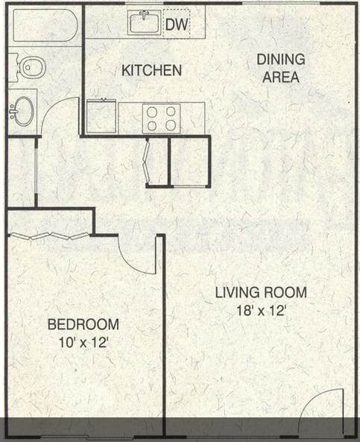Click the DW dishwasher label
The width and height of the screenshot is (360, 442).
point(176,25)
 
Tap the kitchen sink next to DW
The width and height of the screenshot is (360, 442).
point(145,23)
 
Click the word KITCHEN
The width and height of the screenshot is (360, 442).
point(151,71)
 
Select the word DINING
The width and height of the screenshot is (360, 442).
point(281,59)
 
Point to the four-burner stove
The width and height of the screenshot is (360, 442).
point(161,118)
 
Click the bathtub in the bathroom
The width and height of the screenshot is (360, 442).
point(45,25)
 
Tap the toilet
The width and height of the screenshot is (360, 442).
point(30,68)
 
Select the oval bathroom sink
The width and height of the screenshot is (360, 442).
point(24,111)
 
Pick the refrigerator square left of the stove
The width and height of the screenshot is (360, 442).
point(101,117)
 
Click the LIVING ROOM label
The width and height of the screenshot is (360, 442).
point(261,292)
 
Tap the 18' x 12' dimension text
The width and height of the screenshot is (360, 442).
point(261,311)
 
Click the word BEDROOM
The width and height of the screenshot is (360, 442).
point(83,324)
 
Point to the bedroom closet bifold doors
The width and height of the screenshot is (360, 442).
point(49,236)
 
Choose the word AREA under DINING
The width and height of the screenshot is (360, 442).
point(281,77)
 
